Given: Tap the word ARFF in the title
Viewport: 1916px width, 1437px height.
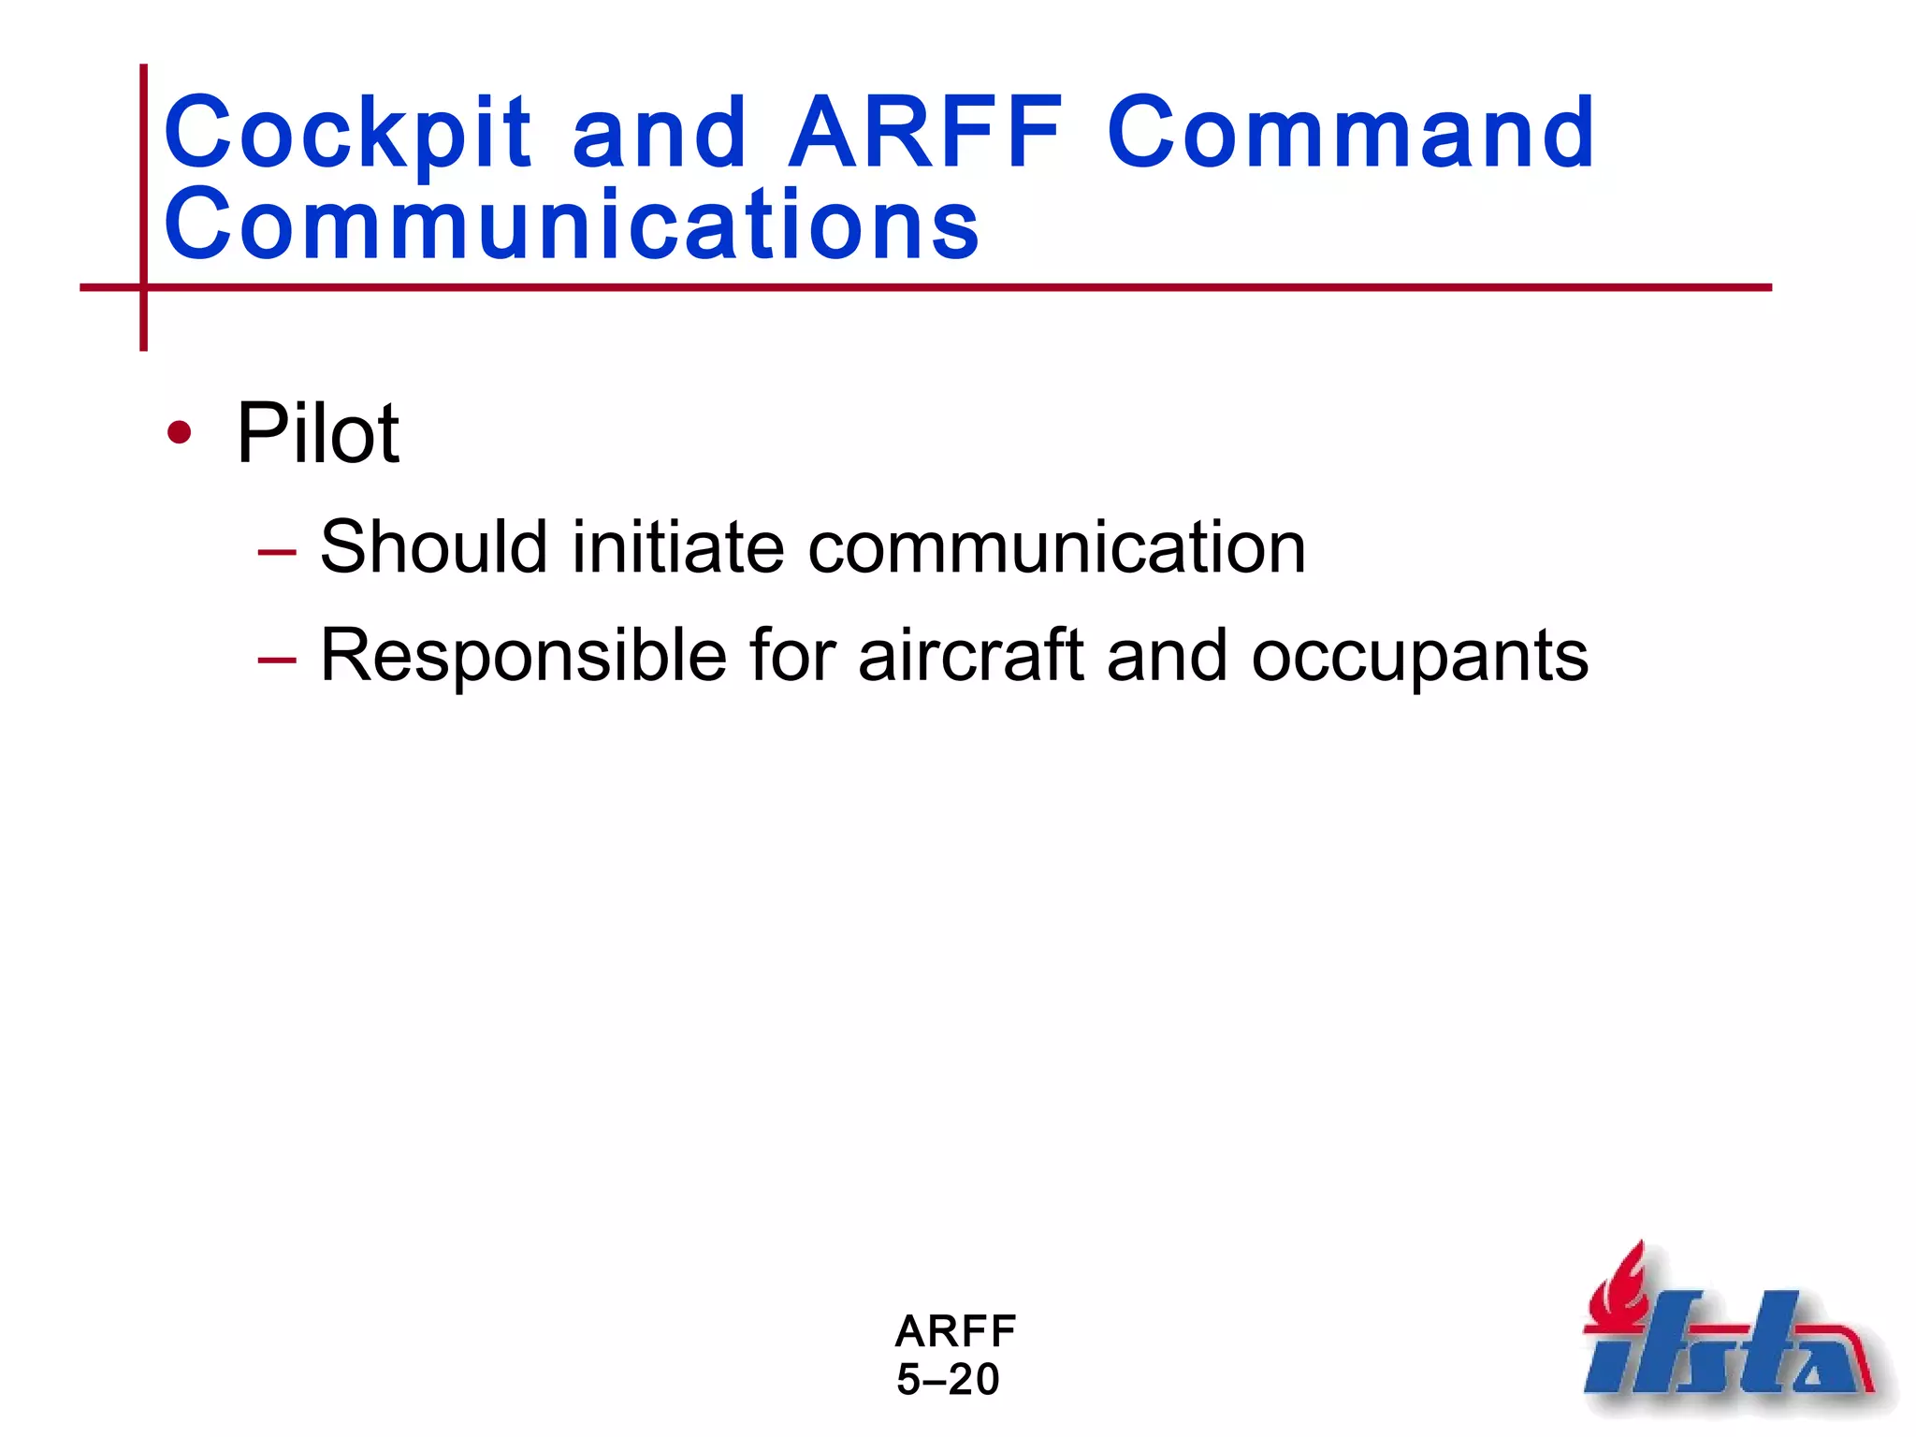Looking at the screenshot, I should [x=925, y=133].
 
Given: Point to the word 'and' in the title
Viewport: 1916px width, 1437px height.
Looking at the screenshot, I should [x=660, y=133].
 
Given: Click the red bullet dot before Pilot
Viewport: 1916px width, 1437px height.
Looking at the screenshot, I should [x=179, y=433].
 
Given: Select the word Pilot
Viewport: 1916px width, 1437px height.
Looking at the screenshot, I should [x=318, y=433].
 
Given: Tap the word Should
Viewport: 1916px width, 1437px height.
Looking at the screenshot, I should [x=433, y=547].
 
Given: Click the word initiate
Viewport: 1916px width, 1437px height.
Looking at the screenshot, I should [x=677, y=547].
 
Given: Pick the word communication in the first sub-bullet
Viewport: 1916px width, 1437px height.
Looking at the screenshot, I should [x=1056, y=547].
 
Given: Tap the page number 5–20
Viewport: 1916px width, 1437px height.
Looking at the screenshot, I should [x=948, y=1380].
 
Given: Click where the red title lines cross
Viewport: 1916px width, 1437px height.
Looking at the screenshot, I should [x=143, y=287].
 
